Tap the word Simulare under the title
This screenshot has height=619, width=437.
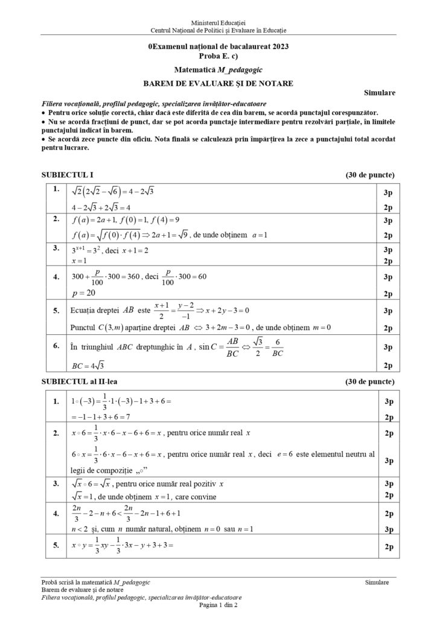[380, 93]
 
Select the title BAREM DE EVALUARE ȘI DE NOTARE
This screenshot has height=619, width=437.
[218, 83]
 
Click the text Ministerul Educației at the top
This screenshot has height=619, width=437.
[218, 22]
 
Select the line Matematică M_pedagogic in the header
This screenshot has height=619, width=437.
[218, 70]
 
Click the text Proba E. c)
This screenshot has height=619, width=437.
[218, 55]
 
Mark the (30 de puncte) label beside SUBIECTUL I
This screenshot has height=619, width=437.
[370, 175]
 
